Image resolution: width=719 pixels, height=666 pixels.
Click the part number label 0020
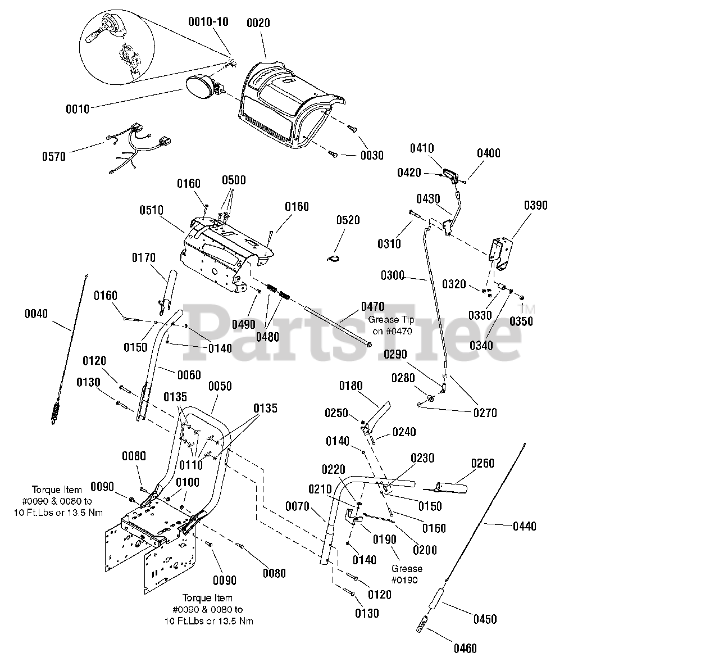[258, 23]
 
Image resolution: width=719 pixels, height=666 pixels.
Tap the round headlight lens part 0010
[198, 88]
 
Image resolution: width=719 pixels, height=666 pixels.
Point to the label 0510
[151, 210]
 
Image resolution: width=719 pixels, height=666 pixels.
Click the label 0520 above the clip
[348, 220]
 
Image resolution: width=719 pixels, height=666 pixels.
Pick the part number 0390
[535, 205]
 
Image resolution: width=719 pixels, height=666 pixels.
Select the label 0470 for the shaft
[372, 306]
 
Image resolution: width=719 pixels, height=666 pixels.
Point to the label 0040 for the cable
[37, 314]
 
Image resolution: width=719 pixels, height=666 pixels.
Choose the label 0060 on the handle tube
[189, 375]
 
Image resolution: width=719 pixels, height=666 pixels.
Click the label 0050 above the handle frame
[220, 386]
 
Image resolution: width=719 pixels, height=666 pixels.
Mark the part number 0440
[525, 526]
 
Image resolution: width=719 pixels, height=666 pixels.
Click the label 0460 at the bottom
[465, 649]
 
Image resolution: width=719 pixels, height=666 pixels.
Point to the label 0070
[298, 507]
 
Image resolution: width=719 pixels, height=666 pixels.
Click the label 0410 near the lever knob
[421, 148]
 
